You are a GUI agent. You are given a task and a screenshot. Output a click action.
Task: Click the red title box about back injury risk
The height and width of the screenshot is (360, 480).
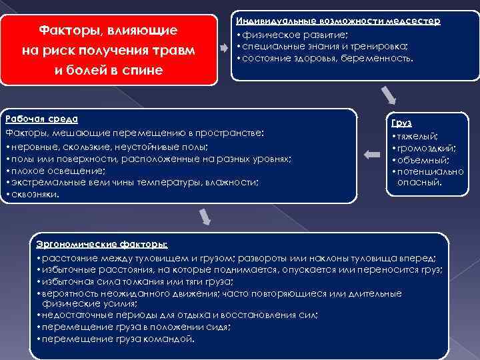point(109,50)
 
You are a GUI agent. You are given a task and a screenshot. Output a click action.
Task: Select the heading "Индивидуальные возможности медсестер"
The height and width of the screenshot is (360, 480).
point(338,21)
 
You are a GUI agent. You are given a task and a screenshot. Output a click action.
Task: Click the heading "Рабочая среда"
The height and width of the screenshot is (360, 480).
point(41,119)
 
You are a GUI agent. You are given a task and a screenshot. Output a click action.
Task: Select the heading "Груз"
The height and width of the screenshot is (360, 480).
point(401,123)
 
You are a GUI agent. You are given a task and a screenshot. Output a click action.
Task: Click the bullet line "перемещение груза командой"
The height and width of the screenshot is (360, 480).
point(117,338)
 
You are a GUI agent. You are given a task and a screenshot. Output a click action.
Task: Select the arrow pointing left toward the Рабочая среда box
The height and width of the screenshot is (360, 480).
point(371,155)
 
